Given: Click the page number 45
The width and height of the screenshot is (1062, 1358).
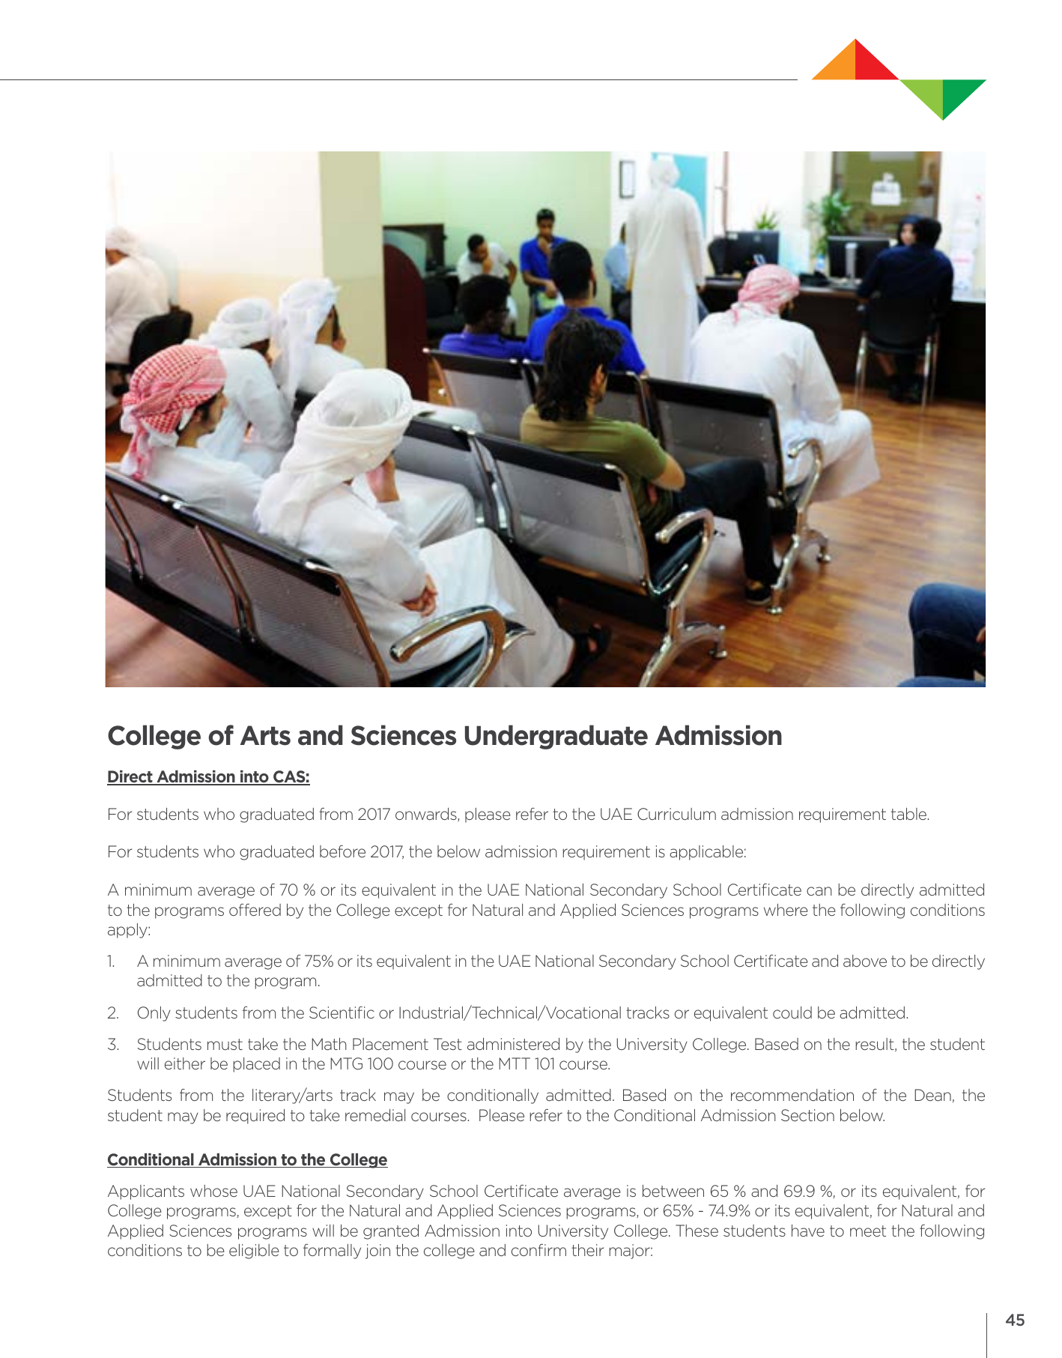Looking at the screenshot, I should tap(1015, 1321).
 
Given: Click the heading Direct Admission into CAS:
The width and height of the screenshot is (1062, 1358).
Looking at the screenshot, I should tap(208, 777).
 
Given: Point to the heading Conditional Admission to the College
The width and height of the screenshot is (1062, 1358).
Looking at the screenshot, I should tap(247, 1160).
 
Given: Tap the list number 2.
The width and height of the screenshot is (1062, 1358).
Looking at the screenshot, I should tap(113, 1013).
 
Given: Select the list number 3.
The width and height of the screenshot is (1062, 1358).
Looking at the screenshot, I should tap(113, 1045).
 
